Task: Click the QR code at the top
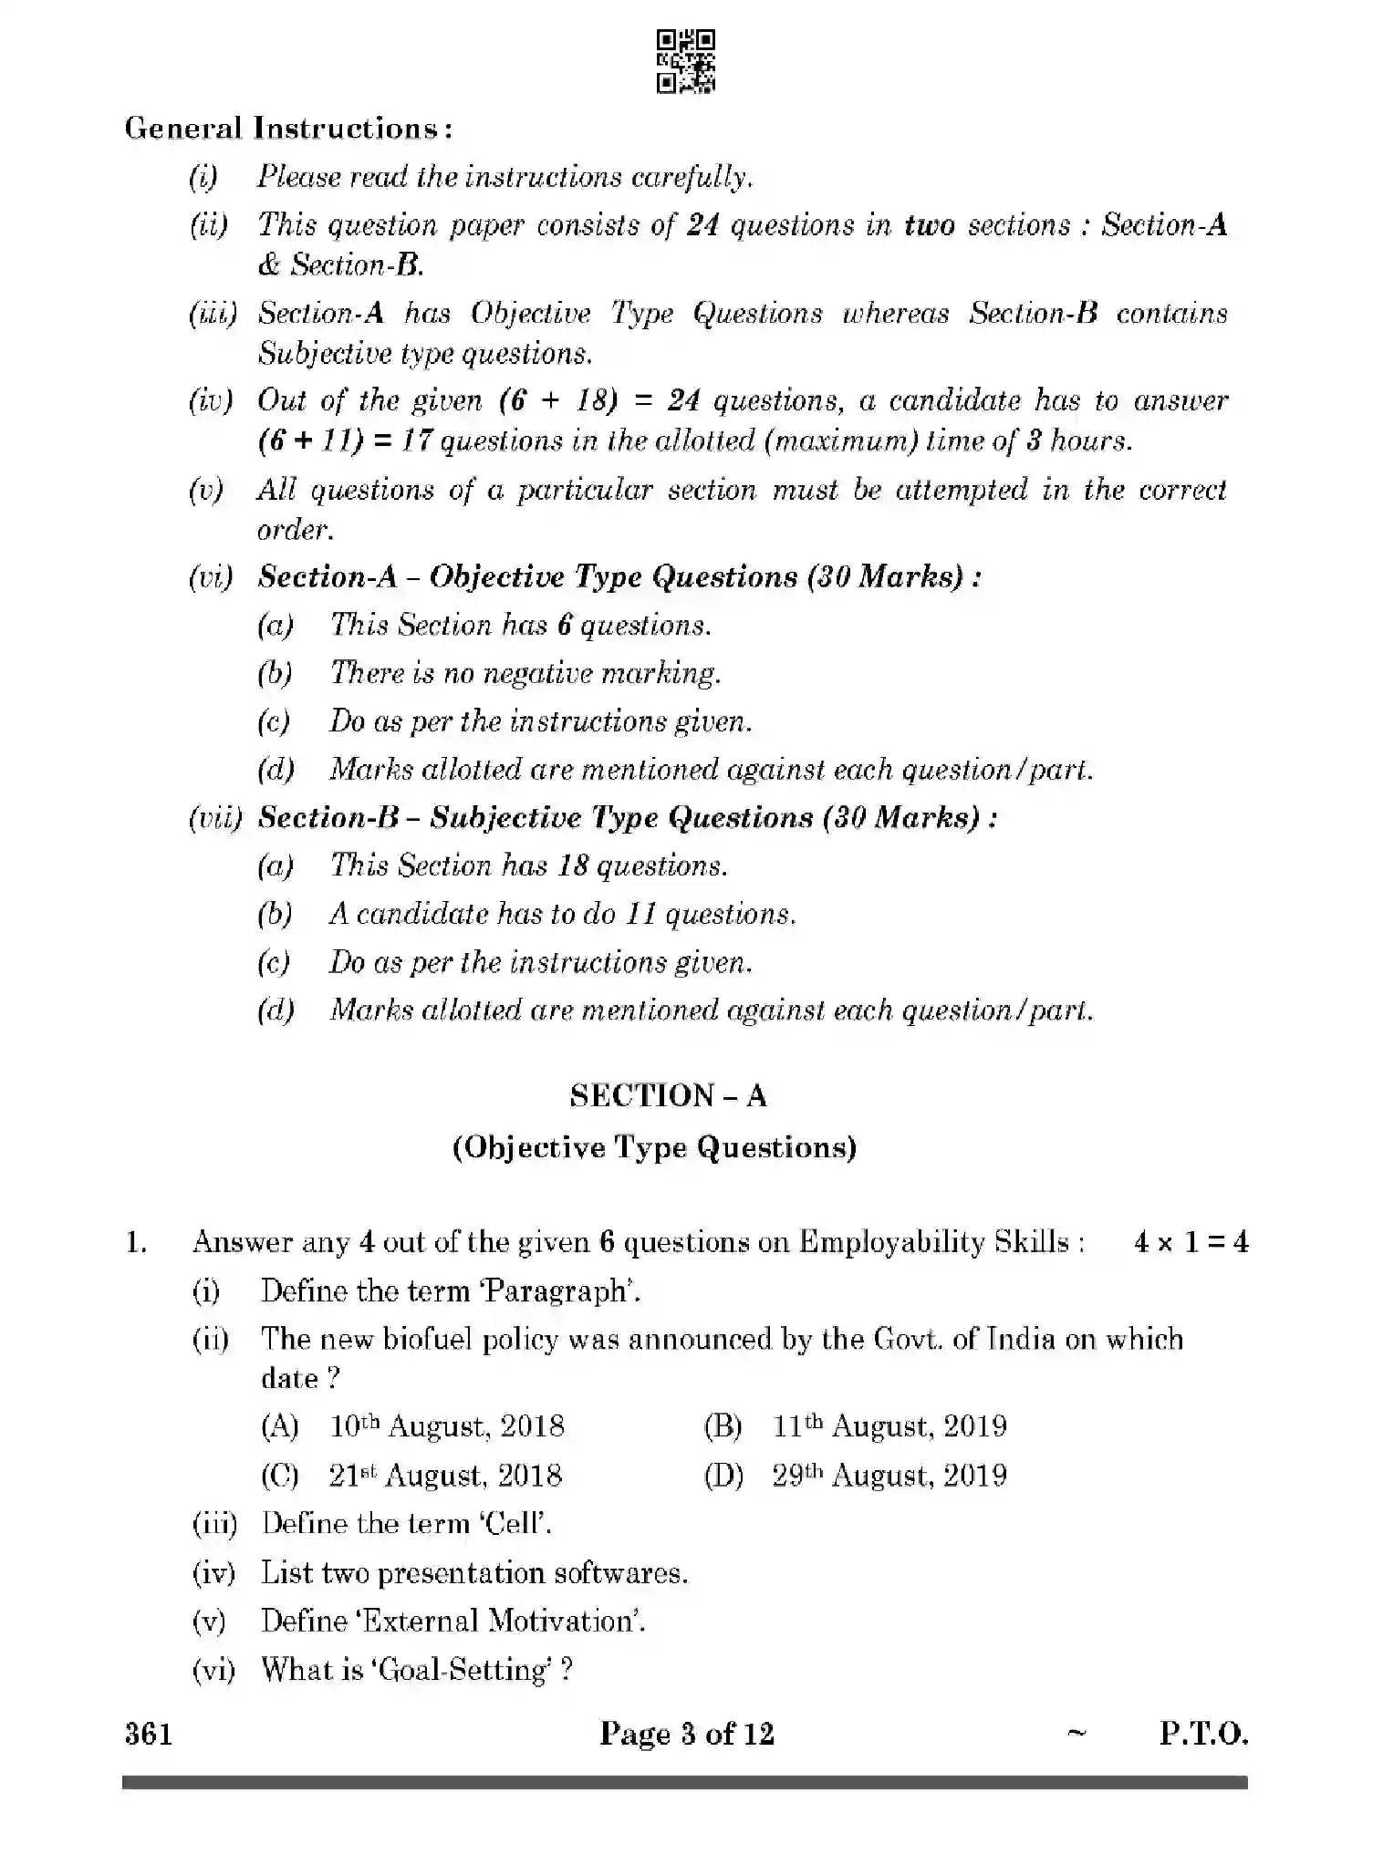point(686,61)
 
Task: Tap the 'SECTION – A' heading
point(668,1095)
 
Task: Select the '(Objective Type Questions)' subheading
point(654,1147)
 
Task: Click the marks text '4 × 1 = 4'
point(1191,1242)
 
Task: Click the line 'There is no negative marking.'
point(525,673)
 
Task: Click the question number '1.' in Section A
point(136,1243)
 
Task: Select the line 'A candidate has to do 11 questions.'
point(562,914)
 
